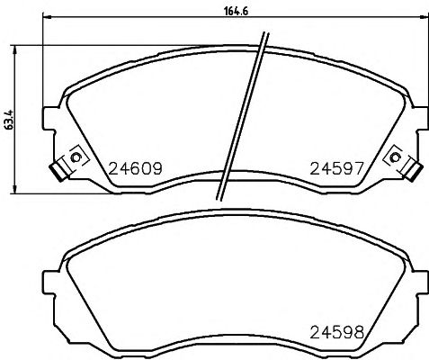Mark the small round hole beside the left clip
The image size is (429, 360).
pos(76,158)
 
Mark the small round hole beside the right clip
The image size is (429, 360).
pos(395,158)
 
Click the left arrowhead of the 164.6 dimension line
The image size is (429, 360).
pos(47,26)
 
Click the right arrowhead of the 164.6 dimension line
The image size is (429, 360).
pos(423,26)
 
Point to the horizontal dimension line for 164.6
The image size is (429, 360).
pos(135,26)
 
